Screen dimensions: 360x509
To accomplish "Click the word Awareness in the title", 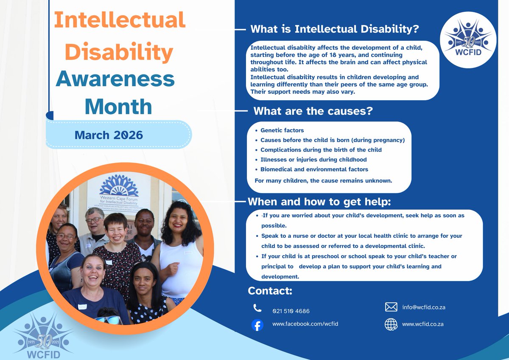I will [x=115, y=79].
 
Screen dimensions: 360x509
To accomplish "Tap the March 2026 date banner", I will [x=109, y=135].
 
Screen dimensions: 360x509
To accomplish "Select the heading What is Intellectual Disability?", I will [x=335, y=29].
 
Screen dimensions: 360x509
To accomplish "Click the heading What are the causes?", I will [x=313, y=111].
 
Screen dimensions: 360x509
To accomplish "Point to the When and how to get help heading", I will [x=319, y=201].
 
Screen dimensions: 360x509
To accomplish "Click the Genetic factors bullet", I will [x=282, y=130].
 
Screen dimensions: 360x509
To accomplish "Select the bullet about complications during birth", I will [x=321, y=150].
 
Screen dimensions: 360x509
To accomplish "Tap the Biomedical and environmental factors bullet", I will [x=314, y=169].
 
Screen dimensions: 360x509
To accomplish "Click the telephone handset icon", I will [x=257, y=308].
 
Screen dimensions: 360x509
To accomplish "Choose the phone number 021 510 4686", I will [x=291, y=311].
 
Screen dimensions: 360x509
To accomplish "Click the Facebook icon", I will [x=257, y=325].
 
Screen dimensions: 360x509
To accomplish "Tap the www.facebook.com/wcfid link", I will [x=305, y=324].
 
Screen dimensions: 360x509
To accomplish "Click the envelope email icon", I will [x=391, y=307].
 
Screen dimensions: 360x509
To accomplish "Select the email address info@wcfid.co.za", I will [x=423, y=307].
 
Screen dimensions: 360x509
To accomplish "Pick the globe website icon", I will [x=391, y=324].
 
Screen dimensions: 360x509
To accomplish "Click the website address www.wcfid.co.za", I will [x=422, y=324].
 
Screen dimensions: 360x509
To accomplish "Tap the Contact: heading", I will [x=270, y=291].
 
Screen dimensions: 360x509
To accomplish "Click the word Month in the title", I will [x=118, y=107].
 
